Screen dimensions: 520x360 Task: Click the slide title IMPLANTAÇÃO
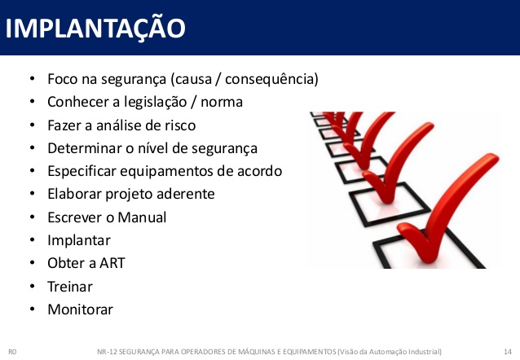click(95, 28)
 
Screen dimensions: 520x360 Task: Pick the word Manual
click(142, 217)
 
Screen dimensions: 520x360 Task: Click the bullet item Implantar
click(79, 240)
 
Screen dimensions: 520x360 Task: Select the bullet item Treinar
click(70, 287)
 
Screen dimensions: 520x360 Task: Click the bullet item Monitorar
click(80, 310)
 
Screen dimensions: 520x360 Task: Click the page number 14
click(508, 352)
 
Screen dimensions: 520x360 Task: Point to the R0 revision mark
click(12, 352)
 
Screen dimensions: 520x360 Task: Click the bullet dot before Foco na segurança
click(32, 79)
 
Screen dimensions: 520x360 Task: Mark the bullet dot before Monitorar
click(32, 310)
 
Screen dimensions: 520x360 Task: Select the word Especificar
click(82, 172)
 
